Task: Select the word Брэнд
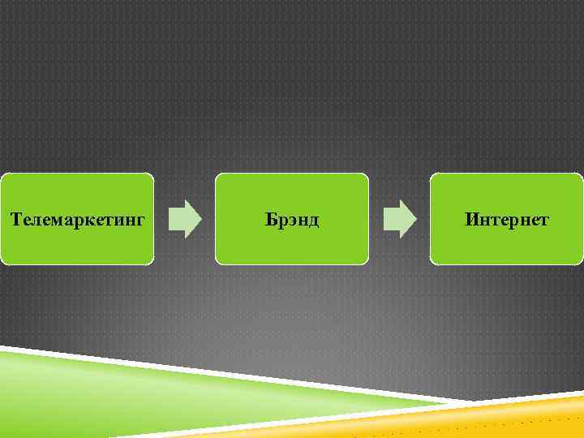click(x=292, y=219)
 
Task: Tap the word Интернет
click(x=507, y=219)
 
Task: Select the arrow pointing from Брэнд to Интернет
click(x=399, y=219)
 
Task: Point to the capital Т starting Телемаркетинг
click(x=15, y=219)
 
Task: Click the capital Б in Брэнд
click(x=270, y=219)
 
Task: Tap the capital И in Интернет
click(x=471, y=219)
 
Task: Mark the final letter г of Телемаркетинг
click(x=142, y=221)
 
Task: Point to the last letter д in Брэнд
click(x=312, y=221)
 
